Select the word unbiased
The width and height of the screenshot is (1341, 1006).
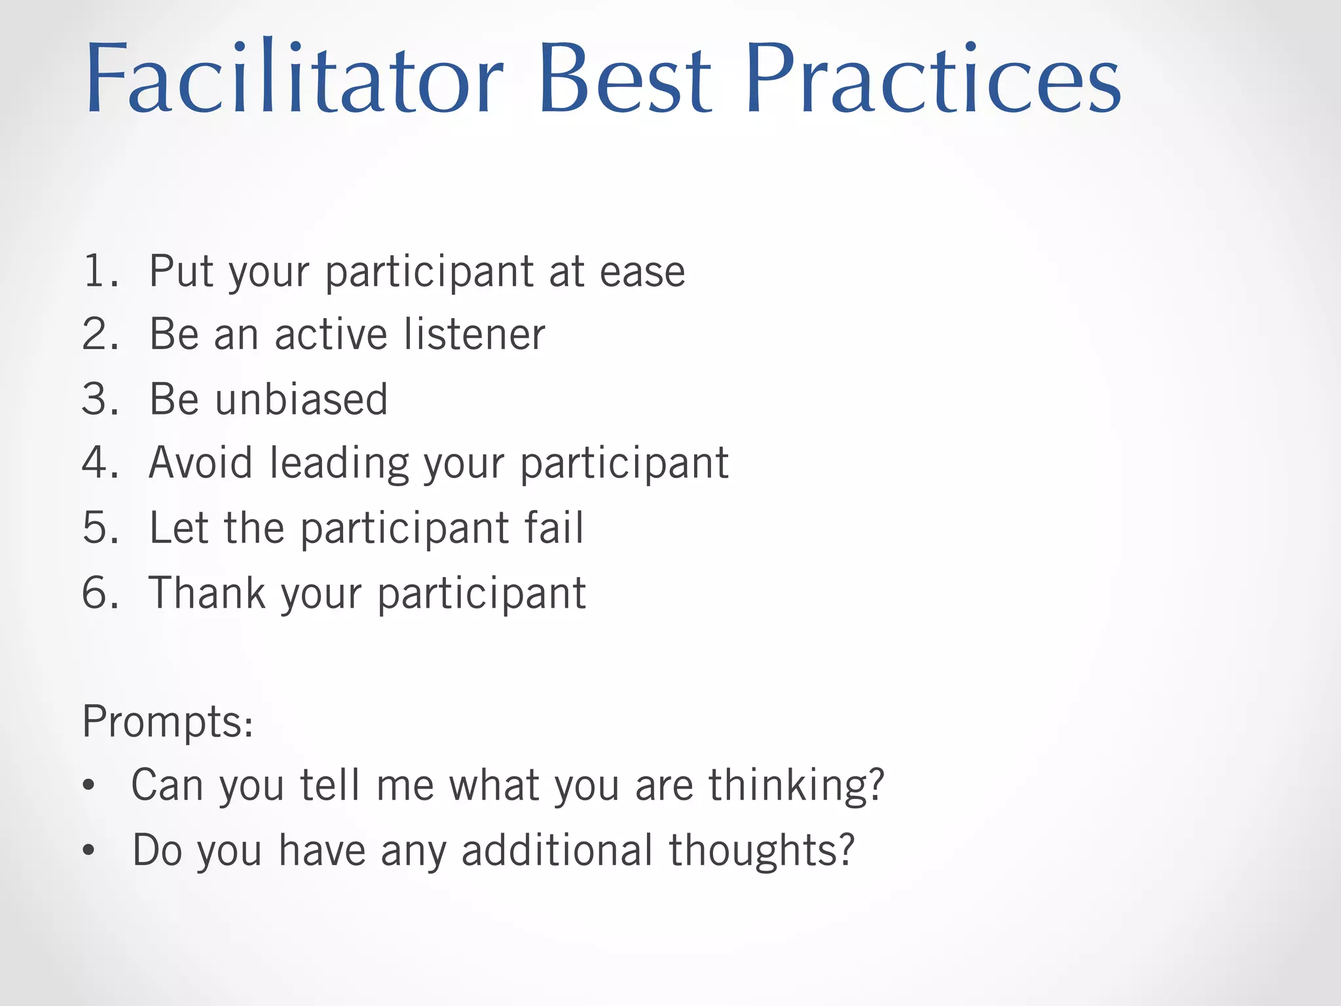tap(302, 399)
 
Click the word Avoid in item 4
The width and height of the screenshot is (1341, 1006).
tap(200, 463)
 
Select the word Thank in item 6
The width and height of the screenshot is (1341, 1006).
tap(208, 593)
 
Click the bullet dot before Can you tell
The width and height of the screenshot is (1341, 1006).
tap(89, 785)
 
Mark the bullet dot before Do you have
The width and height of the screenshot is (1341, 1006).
tap(89, 850)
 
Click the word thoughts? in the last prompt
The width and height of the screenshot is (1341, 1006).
tap(762, 851)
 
